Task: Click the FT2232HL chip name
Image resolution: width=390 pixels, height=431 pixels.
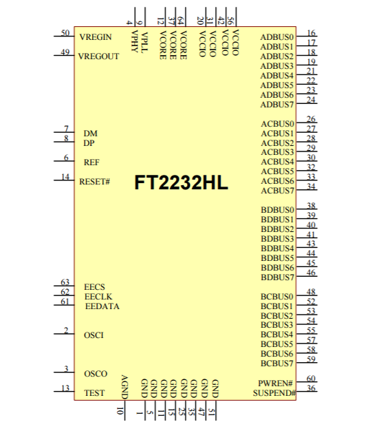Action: click(181, 182)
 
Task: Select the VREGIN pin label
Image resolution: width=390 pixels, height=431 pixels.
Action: click(96, 37)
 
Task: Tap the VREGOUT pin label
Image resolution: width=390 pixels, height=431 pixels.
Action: click(98, 56)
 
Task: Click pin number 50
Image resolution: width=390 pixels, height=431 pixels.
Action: click(65, 33)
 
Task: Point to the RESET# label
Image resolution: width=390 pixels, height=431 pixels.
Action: click(94, 182)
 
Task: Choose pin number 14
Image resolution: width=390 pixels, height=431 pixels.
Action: click(65, 177)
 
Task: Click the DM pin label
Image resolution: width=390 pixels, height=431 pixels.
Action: click(90, 134)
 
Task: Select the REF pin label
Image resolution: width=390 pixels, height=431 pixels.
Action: click(91, 162)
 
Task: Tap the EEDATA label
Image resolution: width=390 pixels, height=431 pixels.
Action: click(102, 306)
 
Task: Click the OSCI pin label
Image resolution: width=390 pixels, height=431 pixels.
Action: click(94, 335)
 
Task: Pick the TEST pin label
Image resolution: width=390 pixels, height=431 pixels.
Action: click(94, 393)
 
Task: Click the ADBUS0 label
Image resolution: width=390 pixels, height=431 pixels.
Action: click(277, 37)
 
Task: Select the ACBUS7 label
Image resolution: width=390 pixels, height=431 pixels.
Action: click(277, 191)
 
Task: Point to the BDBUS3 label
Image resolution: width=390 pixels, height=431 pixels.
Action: click(277, 239)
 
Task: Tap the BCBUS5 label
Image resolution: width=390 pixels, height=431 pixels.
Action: click(277, 344)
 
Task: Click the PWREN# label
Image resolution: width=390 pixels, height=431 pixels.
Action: click(275, 383)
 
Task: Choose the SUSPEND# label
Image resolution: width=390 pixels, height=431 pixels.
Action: click(274, 393)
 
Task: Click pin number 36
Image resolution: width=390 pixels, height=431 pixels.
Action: click(311, 388)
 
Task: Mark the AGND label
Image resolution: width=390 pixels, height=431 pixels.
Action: click(124, 387)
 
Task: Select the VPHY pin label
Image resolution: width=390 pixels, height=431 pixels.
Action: click(134, 41)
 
